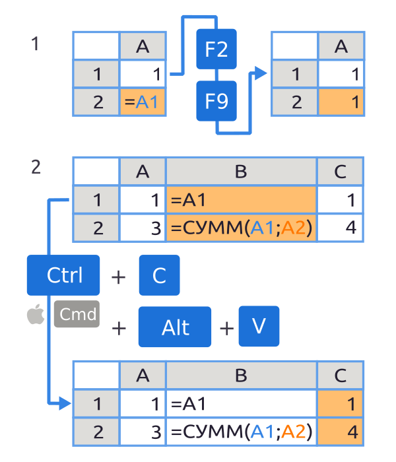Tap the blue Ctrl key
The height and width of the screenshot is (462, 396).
[63, 275]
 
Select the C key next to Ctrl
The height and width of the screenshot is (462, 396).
[159, 275]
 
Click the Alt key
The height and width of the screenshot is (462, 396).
[175, 327]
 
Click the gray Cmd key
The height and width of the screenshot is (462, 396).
[77, 315]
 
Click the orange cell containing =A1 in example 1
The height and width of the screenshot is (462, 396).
[143, 102]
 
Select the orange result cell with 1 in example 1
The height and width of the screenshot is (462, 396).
[341, 102]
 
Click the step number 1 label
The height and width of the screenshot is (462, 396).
[36, 44]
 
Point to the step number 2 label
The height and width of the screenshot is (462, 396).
[36, 167]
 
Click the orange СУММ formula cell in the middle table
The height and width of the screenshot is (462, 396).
[241, 228]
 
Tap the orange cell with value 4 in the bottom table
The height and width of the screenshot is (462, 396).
[340, 432]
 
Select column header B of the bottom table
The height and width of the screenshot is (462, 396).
[241, 375]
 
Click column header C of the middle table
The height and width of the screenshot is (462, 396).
[340, 172]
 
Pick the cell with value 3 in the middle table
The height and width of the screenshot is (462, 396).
[143, 228]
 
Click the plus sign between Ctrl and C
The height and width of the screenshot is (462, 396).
[119, 277]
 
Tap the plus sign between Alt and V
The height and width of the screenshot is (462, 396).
[226, 327]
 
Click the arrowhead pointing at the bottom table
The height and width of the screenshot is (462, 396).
[64, 403]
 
